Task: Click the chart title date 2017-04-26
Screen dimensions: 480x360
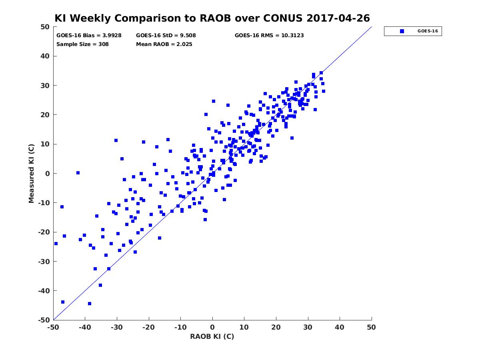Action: coord(338,18)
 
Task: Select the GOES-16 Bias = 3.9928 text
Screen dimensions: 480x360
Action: coord(89,36)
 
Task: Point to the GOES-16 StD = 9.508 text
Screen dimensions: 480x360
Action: coord(166,36)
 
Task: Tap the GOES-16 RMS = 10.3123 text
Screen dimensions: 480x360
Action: coord(269,36)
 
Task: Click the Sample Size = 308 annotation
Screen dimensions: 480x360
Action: coord(82,44)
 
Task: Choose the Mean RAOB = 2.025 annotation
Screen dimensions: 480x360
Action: coord(164,44)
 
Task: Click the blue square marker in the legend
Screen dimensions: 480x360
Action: coord(402,31)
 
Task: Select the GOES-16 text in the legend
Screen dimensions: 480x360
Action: coord(428,31)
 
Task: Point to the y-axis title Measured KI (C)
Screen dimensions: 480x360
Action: coord(31,173)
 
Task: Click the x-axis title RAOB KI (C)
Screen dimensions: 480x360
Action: coord(212,336)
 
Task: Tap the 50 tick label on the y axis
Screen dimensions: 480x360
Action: coord(45,27)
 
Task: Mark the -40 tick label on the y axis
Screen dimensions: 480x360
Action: coord(44,291)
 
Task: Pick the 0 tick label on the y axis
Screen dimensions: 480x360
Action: coord(48,174)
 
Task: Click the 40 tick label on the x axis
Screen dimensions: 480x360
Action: coord(340,327)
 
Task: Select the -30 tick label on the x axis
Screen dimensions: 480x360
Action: coord(117,327)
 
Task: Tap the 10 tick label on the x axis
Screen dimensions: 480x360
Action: coord(244,327)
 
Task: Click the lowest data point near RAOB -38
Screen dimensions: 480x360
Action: coord(90,304)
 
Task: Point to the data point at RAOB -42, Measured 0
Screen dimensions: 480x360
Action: coord(78,173)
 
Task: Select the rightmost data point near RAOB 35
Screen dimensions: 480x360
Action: coord(324,91)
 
